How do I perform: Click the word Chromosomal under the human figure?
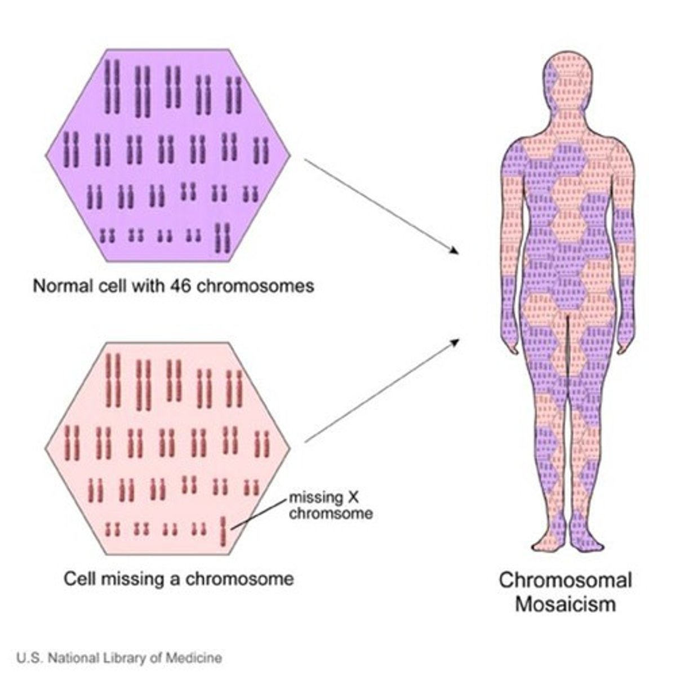pyautogui.click(x=566, y=580)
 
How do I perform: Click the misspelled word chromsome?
pyautogui.click(x=331, y=513)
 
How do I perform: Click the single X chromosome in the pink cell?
pyautogui.click(x=224, y=531)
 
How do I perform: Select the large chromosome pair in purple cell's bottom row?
pyautogui.click(x=224, y=238)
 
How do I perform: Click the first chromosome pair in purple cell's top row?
pyautogui.click(x=113, y=86)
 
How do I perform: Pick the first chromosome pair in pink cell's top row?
pyautogui.click(x=113, y=380)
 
